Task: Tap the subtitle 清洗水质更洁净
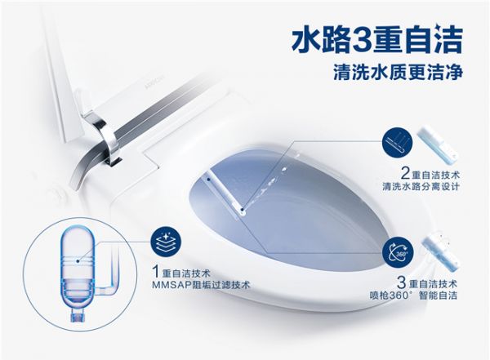click(x=398, y=73)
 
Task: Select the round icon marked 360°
click(x=398, y=253)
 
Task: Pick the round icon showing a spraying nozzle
click(x=397, y=144)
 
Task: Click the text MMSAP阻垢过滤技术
click(x=201, y=286)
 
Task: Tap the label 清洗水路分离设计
click(x=421, y=187)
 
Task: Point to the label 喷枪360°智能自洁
click(x=413, y=296)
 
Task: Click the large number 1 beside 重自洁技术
click(x=156, y=271)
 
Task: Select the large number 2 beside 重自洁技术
click(x=406, y=173)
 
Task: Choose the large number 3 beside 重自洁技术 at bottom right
click(x=402, y=282)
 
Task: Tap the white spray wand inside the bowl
click(x=225, y=194)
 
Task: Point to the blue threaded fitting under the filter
click(x=77, y=315)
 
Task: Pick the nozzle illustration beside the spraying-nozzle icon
click(x=439, y=144)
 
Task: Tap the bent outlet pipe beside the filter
click(x=110, y=275)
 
